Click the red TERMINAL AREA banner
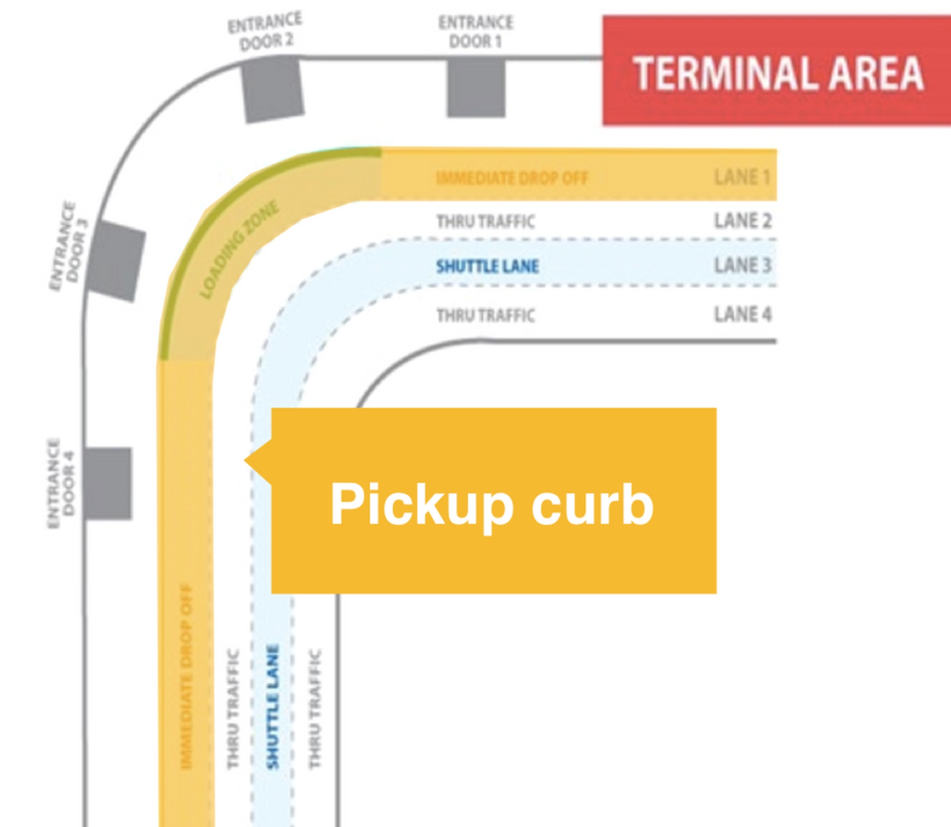coord(777,70)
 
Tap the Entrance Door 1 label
coord(475,32)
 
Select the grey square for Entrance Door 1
coord(476,87)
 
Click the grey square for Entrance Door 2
coord(272,89)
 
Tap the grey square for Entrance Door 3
coord(115,261)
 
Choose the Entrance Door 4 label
coord(60,483)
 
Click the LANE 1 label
coord(742,177)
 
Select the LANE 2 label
coord(742,221)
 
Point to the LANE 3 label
coord(742,265)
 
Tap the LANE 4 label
coord(742,314)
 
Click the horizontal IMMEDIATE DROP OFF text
coord(512,178)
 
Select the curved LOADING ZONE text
coord(239,250)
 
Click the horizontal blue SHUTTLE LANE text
coord(487,266)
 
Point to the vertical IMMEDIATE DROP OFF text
coord(186,677)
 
